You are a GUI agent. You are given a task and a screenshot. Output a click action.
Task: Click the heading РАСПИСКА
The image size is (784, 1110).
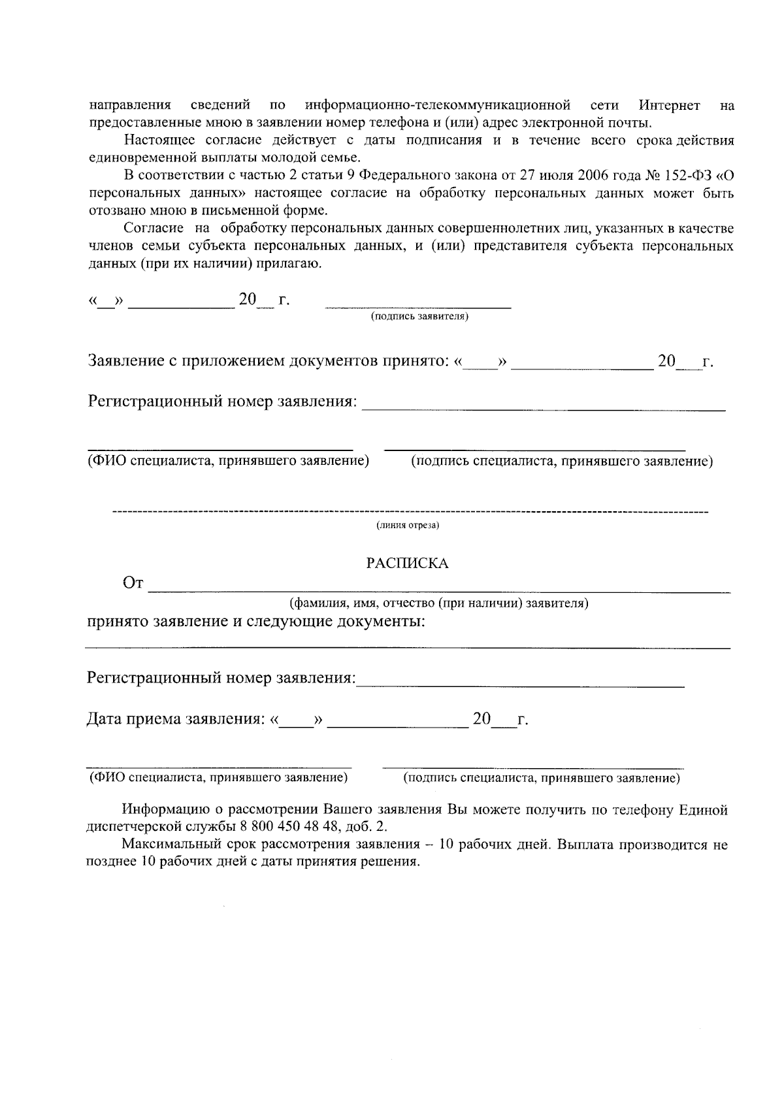pos(406,563)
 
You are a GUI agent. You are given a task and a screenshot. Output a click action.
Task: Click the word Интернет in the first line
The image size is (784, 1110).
pos(669,105)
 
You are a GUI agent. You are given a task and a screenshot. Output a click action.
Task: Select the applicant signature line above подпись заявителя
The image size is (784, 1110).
pos(418,307)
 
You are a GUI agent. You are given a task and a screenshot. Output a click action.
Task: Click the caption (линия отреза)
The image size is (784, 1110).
pos(407,525)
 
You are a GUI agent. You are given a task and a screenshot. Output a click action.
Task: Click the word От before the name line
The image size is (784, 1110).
pos(133,583)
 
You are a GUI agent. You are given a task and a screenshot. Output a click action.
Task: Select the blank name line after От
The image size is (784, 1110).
pos(439,591)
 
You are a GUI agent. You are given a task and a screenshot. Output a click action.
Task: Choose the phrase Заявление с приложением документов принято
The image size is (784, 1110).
pos(269,361)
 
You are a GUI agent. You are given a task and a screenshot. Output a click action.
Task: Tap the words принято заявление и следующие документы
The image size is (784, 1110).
pos(256,621)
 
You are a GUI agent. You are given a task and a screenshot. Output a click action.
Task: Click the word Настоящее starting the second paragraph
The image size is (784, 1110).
pos(154,141)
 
